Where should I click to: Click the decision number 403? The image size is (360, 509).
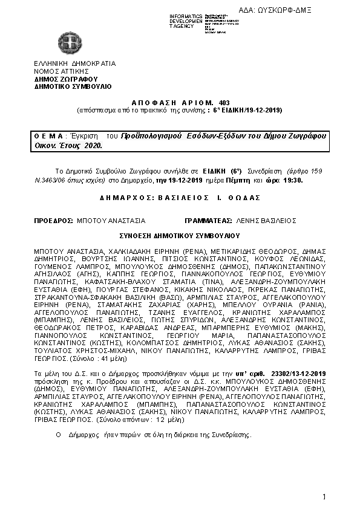point(224,103)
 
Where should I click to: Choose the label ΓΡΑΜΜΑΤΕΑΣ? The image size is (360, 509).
point(205,221)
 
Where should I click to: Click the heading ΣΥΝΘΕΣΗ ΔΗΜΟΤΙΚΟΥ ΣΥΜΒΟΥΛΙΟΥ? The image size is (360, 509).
point(180,235)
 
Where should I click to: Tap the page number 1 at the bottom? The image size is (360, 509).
point(324,497)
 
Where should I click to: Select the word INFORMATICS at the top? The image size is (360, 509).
point(185,16)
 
